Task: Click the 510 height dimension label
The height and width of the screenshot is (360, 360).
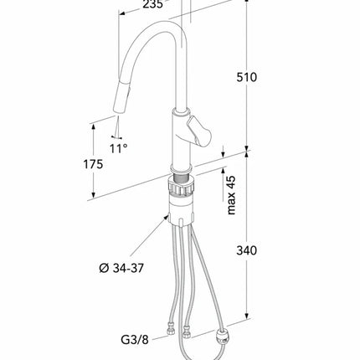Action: (246, 77)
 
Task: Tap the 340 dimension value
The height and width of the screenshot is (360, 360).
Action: (246, 250)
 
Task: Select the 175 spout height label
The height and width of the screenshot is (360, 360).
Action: (93, 164)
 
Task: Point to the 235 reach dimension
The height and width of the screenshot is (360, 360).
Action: (152, 4)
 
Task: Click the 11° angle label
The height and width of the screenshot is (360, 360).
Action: (118, 148)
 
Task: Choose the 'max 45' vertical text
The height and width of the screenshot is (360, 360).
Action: (231, 195)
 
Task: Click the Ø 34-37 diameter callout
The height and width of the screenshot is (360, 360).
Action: (121, 268)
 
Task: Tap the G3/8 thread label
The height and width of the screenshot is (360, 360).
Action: (135, 339)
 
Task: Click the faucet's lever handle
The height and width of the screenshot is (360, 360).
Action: (199, 131)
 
